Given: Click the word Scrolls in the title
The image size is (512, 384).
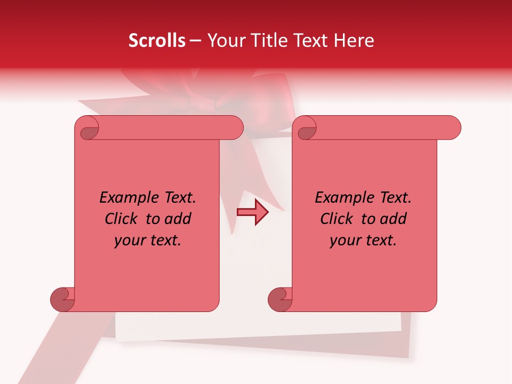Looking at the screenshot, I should (x=157, y=41).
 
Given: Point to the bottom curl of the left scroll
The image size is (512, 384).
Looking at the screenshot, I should (x=62, y=299).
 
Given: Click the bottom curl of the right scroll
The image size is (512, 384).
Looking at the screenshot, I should (x=280, y=299).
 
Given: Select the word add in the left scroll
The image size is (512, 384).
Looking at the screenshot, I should (x=178, y=219).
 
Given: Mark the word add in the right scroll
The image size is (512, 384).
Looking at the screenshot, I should (x=394, y=219).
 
